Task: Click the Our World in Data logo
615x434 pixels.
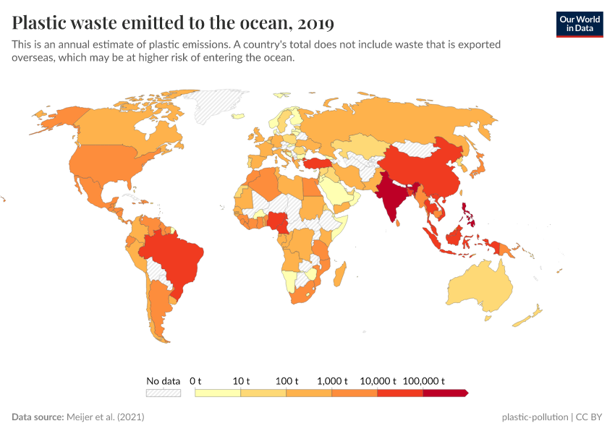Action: coord(579,23)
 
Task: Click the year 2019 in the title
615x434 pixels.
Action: coord(314,24)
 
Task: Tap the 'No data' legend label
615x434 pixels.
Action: coord(163,380)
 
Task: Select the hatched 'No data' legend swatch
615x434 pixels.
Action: coord(163,393)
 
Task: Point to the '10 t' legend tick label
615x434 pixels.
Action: coord(241,380)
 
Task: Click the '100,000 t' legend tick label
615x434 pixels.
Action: coord(423,380)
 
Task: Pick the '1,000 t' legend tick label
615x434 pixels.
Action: coord(332,380)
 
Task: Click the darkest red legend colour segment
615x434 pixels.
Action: coord(445,393)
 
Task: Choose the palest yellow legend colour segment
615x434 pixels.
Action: coord(218,393)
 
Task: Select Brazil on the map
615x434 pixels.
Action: coord(177,257)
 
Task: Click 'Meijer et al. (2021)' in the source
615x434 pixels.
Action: coord(110,417)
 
